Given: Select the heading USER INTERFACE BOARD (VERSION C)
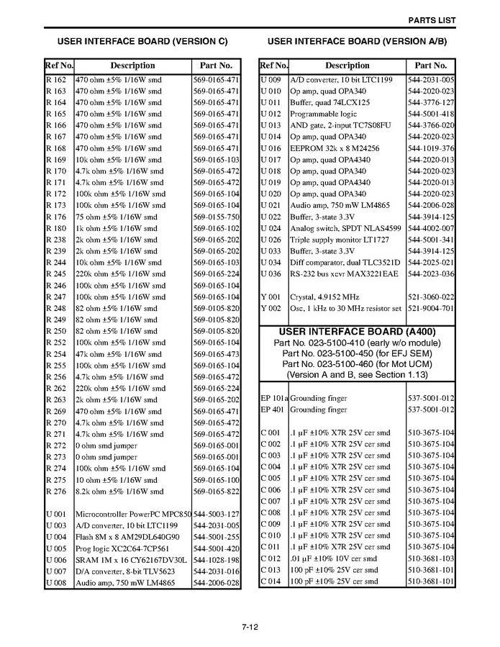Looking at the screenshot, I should (142, 41).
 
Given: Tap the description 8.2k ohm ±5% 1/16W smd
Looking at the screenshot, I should (119, 492).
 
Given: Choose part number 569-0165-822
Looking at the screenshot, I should (216, 492).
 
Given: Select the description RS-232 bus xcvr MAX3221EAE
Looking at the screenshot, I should (344, 274).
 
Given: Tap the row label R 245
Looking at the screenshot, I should (55, 274).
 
